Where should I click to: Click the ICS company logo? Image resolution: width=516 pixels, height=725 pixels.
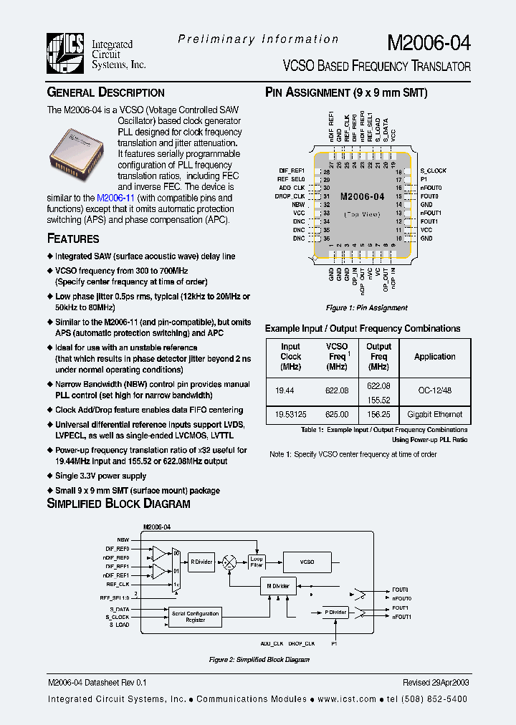click(x=66, y=54)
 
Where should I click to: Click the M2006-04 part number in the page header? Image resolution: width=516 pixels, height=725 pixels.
click(x=429, y=42)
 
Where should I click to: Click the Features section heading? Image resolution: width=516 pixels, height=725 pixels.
click(x=73, y=239)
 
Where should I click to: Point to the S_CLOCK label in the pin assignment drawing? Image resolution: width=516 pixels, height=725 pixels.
click(x=433, y=171)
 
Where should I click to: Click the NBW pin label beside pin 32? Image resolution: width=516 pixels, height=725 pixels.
click(x=298, y=204)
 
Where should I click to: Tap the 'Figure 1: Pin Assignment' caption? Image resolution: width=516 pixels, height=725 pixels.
click(x=366, y=308)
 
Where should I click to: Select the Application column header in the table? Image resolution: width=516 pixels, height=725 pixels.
click(x=434, y=357)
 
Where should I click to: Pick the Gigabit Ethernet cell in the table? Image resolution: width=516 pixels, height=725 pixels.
click(x=434, y=415)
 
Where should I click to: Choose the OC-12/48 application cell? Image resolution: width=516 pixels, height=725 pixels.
click(x=434, y=392)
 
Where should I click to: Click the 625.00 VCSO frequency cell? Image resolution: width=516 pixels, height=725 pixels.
click(x=336, y=415)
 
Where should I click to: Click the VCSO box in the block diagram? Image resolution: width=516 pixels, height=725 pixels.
click(x=307, y=562)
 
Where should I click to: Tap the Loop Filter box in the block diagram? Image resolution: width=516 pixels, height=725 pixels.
click(x=257, y=562)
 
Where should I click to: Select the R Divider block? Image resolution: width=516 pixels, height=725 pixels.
click(x=201, y=562)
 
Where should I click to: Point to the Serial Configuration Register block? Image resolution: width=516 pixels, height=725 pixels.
click(x=195, y=617)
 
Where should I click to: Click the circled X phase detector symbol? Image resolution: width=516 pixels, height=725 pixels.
click(x=229, y=563)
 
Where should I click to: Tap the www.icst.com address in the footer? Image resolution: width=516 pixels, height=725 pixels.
click(x=346, y=699)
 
